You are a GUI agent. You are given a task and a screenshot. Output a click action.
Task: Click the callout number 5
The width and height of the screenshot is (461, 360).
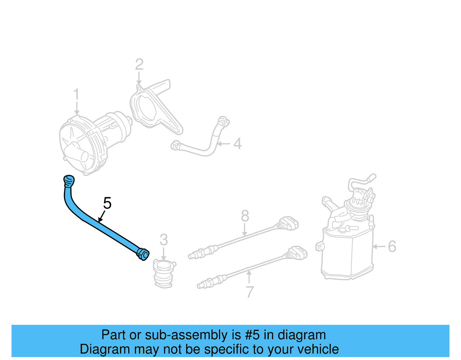(x=107, y=203)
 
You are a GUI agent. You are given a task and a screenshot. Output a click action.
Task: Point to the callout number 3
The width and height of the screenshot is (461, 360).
(x=164, y=240)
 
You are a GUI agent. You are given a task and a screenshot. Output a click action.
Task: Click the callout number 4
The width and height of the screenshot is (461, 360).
(x=237, y=144)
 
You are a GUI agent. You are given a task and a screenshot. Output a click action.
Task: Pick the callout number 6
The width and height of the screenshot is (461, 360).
(x=392, y=246)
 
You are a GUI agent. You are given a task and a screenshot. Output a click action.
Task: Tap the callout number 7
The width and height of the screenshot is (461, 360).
(x=250, y=292)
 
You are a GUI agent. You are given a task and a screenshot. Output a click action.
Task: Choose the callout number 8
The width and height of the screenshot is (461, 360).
(x=245, y=216)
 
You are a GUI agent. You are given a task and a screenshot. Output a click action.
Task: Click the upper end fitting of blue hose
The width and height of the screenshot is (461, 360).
(x=69, y=181)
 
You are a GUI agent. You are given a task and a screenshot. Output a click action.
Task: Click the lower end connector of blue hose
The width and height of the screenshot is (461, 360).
(x=143, y=254)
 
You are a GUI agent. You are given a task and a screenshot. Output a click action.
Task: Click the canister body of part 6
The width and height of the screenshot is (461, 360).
(x=346, y=254)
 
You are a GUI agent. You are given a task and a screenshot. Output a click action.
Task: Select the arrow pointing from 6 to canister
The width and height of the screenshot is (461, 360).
(x=379, y=246)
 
